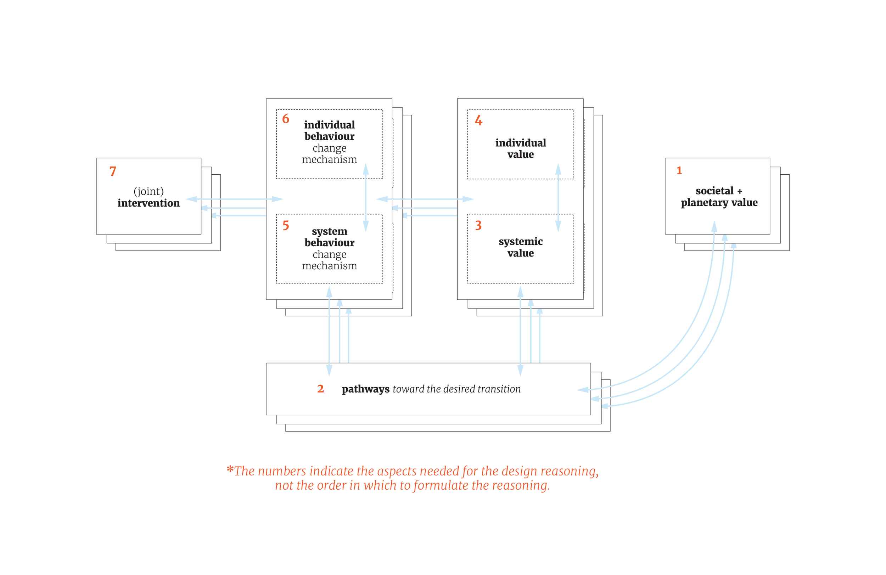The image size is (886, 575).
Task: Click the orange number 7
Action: [113, 171]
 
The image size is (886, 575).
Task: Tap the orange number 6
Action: [286, 119]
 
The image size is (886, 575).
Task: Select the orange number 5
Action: [286, 225]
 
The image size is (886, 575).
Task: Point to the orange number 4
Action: [478, 120]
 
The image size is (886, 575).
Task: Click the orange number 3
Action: [478, 225]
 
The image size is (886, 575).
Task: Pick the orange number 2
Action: [320, 389]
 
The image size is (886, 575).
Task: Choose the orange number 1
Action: [679, 170]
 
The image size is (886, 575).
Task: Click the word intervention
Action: [148, 203]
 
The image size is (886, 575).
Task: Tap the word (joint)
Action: [148, 191]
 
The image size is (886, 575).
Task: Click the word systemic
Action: [520, 241]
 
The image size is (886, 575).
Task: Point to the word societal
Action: [714, 191]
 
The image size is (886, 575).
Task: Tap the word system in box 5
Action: [330, 231]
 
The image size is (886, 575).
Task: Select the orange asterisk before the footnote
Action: [230, 469]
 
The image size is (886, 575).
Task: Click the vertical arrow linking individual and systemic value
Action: [558, 197]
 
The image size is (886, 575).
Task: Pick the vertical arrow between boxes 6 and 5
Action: [366, 197]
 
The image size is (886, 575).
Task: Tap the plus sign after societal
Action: [740, 191]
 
